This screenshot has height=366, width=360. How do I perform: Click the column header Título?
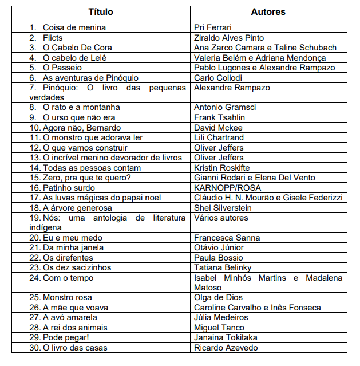click(x=101, y=12)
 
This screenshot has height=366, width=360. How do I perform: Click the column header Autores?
click(x=268, y=12)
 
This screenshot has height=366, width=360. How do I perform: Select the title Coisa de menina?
click(x=74, y=27)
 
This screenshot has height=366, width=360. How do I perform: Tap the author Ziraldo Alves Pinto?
click(x=229, y=38)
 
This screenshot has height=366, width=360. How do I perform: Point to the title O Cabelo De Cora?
click(x=77, y=48)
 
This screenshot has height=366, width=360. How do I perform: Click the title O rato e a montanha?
click(x=81, y=107)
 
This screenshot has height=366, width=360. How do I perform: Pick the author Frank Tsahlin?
click(x=219, y=117)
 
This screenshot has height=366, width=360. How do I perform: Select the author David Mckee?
click(x=218, y=127)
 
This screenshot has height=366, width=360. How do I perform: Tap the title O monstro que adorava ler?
click(x=93, y=137)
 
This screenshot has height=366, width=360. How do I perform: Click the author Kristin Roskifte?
click(x=221, y=167)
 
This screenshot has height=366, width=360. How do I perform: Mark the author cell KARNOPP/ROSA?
click(x=227, y=187)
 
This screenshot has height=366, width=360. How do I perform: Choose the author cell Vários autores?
click(x=221, y=218)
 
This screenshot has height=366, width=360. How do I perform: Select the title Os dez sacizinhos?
click(x=77, y=267)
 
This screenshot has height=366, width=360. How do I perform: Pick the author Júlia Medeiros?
click(x=221, y=317)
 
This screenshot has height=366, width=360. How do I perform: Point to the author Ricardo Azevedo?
click(x=226, y=348)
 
